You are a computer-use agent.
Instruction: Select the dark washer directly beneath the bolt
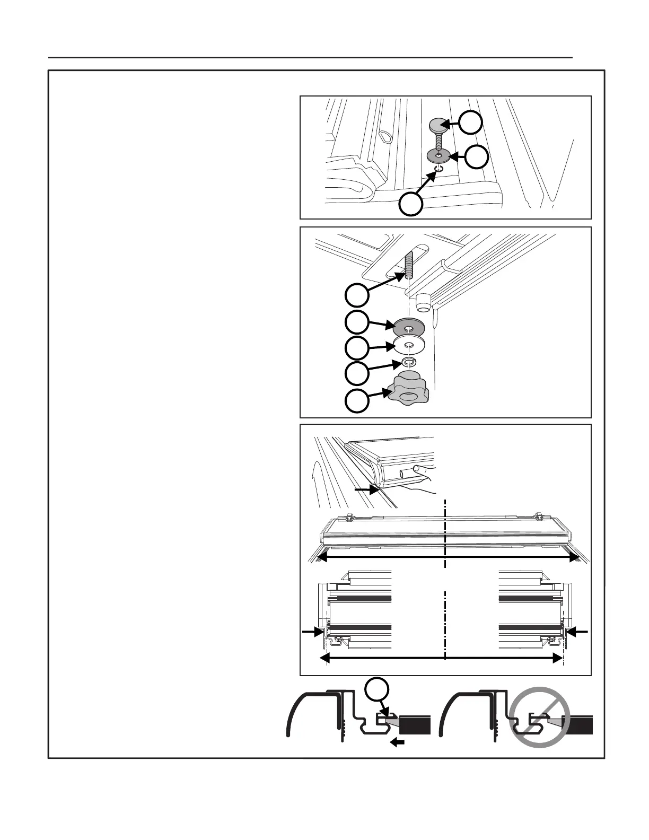click(x=438, y=155)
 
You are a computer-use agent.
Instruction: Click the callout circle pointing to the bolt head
click(x=470, y=122)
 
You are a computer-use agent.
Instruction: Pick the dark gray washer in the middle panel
click(x=407, y=326)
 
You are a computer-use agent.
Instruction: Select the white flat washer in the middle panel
click(x=408, y=345)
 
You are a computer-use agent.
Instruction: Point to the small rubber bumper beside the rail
click(x=423, y=303)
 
